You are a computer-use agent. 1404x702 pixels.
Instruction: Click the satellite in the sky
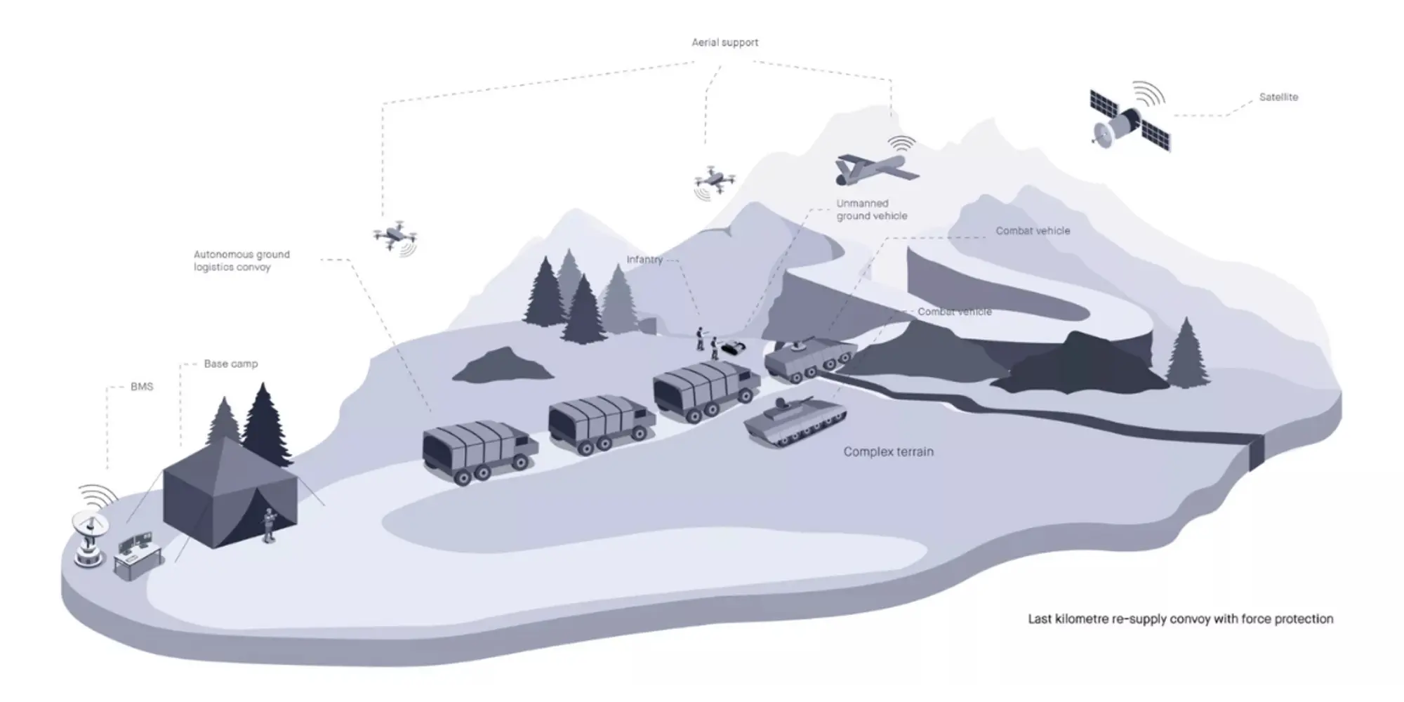[x=1129, y=120]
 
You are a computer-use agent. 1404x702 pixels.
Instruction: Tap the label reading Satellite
[x=1278, y=97]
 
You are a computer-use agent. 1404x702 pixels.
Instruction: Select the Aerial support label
[x=724, y=42]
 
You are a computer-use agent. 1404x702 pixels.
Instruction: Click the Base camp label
[x=230, y=364]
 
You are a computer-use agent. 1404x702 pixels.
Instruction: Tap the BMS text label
[x=141, y=387]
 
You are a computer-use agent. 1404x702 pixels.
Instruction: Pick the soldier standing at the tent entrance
[x=268, y=525]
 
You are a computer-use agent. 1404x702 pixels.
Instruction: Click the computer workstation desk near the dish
[x=138, y=555]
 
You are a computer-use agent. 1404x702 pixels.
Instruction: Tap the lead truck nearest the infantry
[x=705, y=390]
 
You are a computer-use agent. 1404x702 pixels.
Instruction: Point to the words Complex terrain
[x=888, y=452]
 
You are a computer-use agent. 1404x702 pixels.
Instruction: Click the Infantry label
[x=644, y=260]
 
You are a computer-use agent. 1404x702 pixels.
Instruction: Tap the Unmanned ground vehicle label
[x=871, y=210]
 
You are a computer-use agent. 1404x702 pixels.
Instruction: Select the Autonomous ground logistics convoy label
[x=241, y=260]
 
